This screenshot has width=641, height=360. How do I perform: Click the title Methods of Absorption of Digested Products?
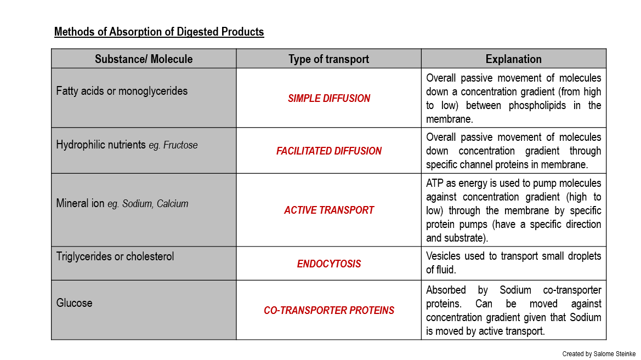(x=159, y=32)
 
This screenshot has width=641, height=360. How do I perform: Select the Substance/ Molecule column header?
(x=144, y=59)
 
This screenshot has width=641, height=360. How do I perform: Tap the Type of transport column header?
(x=329, y=59)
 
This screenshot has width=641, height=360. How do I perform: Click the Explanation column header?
(x=514, y=59)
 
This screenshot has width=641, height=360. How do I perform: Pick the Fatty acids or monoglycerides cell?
(x=122, y=91)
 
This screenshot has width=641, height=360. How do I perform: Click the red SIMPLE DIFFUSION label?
(x=329, y=99)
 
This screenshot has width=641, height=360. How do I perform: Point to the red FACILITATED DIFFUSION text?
(x=329, y=151)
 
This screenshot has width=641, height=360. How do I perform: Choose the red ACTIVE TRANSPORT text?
(x=329, y=210)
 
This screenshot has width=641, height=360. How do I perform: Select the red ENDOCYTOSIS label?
(x=329, y=264)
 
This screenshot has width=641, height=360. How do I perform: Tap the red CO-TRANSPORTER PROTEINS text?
(x=329, y=311)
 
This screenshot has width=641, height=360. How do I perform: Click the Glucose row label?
(x=75, y=303)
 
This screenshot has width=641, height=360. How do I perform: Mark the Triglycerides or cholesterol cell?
(x=115, y=256)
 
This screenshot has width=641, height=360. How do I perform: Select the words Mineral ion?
(x=80, y=203)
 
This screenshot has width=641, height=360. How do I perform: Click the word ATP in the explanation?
(x=435, y=183)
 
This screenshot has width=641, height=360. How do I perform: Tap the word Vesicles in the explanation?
(x=443, y=256)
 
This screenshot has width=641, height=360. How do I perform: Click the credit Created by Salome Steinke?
(x=599, y=354)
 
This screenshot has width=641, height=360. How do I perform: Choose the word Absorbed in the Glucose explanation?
(x=446, y=290)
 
